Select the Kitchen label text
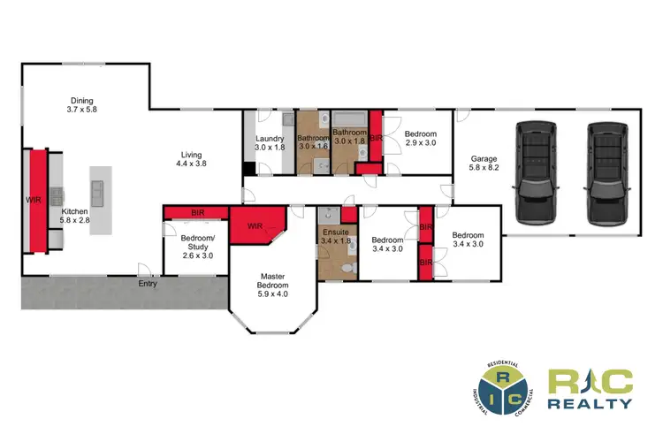click(74, 217)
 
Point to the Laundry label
click(269, 143)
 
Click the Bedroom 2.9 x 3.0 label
click(421, 139)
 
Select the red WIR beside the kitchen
click(36, 202)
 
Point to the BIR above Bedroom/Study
click(198, 213)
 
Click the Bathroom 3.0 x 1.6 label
click(313, 142)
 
